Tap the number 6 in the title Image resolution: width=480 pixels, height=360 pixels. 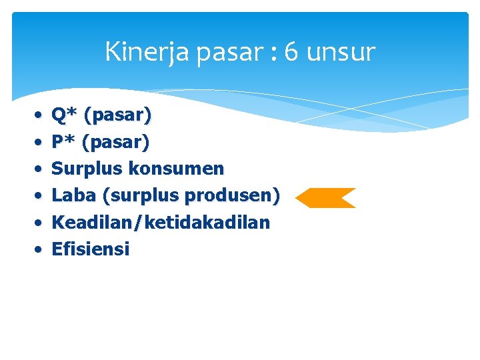pyautogui.click(x=291, y=52)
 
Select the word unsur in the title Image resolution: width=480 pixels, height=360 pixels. pyautogui.click(x=340, y=52)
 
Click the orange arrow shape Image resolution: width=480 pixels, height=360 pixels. pyautogui.click(x=325, y=198)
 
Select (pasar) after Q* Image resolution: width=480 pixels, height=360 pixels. pyautogui.click(x=118, y=116)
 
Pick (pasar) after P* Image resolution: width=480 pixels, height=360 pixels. pyautogui.click(x=117, y=143)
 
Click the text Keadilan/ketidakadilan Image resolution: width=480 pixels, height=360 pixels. pyautogui.click(x=161, y=223)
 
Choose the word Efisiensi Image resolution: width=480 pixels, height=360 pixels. pyautogui.click(x=90, y=249)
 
